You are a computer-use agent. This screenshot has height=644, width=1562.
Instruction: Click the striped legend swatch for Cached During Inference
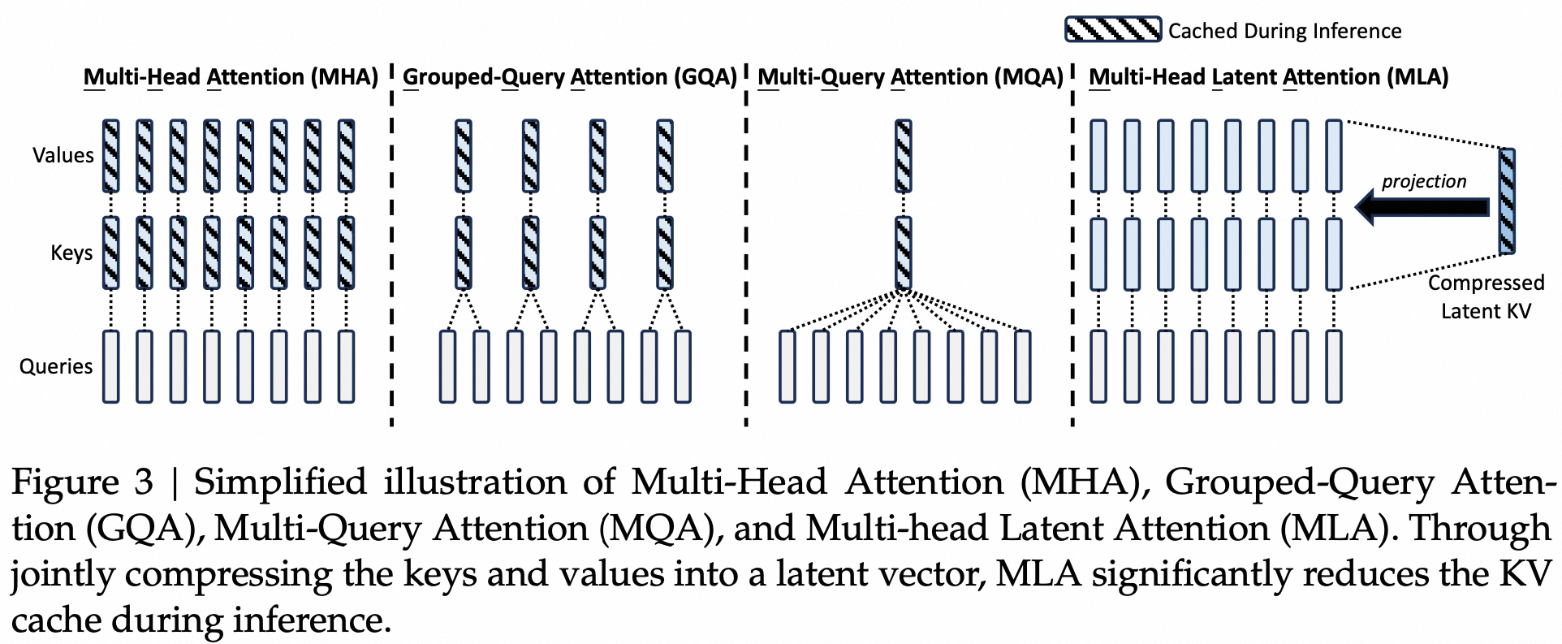click(x=1112, y=30)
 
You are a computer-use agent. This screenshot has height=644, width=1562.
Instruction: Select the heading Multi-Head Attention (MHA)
click(x=231, y=77)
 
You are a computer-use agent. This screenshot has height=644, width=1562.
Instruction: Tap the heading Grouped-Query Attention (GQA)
click(x=569, y=77)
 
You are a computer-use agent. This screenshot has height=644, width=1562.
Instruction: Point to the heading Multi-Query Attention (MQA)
click(x=910, y=77)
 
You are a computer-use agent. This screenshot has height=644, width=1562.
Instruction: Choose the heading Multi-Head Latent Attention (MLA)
click(x=1268, y=77)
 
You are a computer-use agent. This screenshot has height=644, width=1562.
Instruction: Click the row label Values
click(x=63, y=155)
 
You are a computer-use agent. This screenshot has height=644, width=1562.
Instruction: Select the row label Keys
click(x=71, y=253)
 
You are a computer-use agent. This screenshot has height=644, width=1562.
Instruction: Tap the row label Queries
click(x=56, y=366)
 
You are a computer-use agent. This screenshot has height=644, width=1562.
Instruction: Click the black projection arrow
click(x=1422, y=207)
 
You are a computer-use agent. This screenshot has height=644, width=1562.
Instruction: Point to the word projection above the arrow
click(x=1424, y=181)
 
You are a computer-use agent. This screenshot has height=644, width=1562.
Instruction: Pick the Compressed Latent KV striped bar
click(x=1507, y=201)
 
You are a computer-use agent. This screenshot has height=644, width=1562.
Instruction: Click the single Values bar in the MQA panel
click(x=903, y=156)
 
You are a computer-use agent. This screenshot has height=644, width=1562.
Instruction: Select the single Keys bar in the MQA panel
click(x=903, y=253)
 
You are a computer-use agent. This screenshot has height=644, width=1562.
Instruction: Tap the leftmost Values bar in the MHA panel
click(x=110, y=156)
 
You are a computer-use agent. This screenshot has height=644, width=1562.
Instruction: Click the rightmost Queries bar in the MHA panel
click(x=346, y=366)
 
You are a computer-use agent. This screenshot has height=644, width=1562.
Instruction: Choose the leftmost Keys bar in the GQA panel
click(x=463, y=253)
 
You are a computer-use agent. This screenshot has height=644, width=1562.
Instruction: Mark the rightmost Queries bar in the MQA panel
click(x=1023, y=366)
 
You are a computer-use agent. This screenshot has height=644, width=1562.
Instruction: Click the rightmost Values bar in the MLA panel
click(x=1333, y=156)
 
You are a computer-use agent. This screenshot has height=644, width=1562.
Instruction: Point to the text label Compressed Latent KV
click(x=1485, y=296)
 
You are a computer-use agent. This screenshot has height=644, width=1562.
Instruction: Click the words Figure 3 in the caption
click(x=82, y=482)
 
